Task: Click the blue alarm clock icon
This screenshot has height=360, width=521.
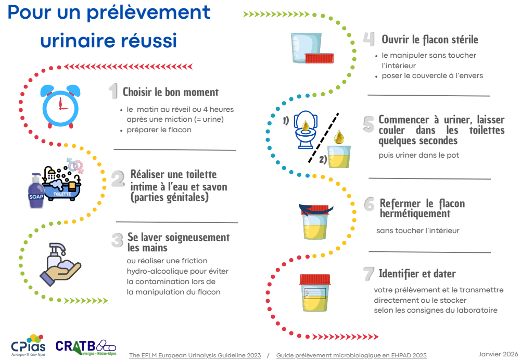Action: click(x=60, y=106)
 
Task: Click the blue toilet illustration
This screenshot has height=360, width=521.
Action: click(x=306, y=130)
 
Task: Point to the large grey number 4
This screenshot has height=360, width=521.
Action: click(x=369, y=39)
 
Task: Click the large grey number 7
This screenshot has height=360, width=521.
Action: click(x=368, y=274)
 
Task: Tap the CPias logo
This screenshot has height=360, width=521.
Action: click(x=28, y=345)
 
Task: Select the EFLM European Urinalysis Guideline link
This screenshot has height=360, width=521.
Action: click(x=195, y=355)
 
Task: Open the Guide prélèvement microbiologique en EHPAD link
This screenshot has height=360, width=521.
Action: click(x=351, y=355)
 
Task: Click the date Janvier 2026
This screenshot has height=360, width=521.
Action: click(x=498, y=354)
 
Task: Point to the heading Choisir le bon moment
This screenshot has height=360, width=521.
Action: click(x=170, y=92)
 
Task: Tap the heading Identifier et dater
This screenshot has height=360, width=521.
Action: click(x=417, y=274)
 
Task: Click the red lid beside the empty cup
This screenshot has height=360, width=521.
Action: click(x=319, y=58)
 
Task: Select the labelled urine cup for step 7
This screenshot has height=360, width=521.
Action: click(x=315, y=293)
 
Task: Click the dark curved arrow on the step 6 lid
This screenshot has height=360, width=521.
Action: click(x=315, y=210)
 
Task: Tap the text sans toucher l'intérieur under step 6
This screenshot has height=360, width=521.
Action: click(x=417, y=230)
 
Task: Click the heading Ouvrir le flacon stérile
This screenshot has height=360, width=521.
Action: click(x=429, y=40)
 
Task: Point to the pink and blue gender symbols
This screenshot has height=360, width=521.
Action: click(x=75, y=165)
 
